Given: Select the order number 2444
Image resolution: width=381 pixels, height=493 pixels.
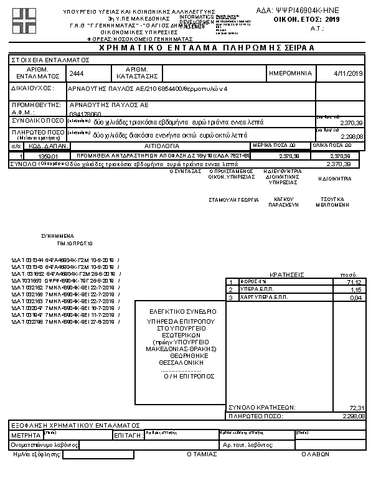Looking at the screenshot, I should (x=77, y=73).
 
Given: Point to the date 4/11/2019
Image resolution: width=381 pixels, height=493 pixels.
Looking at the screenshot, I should (x=348, y=73).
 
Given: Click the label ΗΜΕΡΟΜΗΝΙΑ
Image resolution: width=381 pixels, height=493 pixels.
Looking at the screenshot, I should (x=290, y=73).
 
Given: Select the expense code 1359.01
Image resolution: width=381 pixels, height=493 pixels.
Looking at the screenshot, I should (x=48, y=156).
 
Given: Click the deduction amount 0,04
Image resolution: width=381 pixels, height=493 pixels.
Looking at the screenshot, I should (x=358, y=298).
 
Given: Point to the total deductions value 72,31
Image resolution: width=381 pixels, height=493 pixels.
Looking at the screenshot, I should (x=356, y=407).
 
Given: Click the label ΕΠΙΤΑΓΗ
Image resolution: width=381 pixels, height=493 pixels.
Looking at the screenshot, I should (x=128, y=436).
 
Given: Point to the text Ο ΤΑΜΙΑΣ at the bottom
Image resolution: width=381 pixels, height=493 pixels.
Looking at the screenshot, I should (x=202, y=454).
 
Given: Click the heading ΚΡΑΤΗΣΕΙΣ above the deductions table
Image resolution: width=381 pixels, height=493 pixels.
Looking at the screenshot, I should (x=286, y=274).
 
